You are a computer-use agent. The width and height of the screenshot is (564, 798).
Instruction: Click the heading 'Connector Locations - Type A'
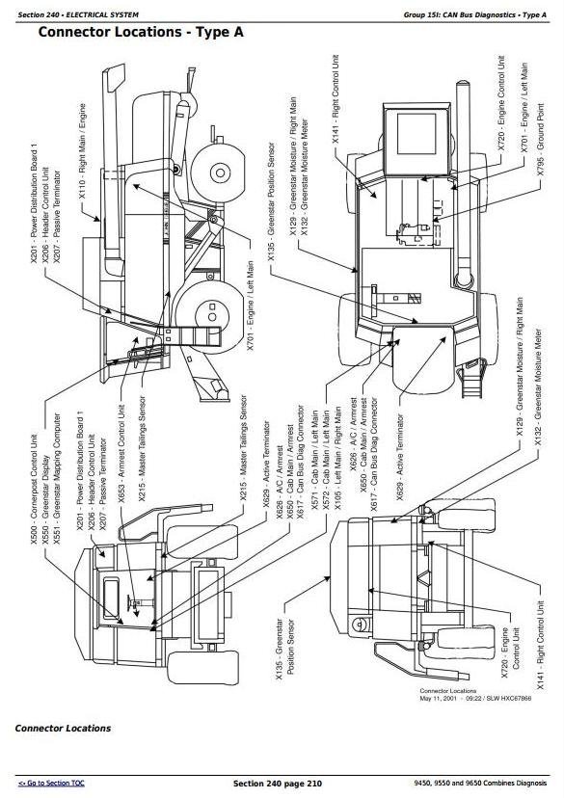point(140,33)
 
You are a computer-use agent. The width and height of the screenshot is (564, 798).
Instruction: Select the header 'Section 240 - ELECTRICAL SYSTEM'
point(78,14)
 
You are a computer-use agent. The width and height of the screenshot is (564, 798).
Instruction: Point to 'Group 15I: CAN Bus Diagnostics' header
point(453,14)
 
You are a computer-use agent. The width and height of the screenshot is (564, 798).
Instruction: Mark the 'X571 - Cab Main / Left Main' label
point(314,468)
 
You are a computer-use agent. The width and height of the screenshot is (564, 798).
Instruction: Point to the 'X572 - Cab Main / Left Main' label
point(327,468)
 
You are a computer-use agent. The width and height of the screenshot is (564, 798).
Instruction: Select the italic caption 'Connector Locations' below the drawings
point(63,729)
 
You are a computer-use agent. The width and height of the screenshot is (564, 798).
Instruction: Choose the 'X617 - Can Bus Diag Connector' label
point(301,461)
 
